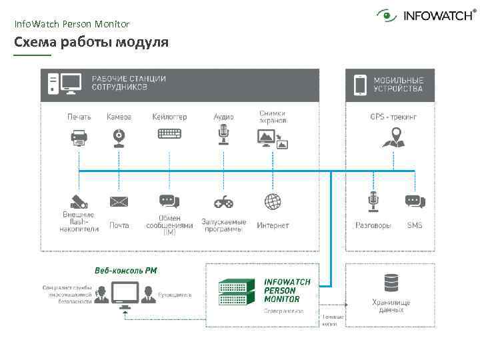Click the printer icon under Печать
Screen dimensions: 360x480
(x=79, y=137)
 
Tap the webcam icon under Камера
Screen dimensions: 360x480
(x=119, y=137)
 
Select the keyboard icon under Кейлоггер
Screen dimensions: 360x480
(x=169, y=133)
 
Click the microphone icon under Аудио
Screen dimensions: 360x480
(x=224, y=134)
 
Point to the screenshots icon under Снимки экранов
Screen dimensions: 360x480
(x=272, y=139)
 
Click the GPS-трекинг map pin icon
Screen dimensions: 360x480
(x=393, y=137)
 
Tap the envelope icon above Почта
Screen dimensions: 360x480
(x=119, y=201)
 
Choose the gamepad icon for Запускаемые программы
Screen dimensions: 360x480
(x=223, y=201)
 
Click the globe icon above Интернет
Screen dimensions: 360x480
(x=272, y=201)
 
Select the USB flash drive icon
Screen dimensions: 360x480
(x=79, y=201)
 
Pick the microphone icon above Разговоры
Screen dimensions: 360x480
(x=373, y=201)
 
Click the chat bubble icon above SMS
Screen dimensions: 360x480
(x=415, y=201)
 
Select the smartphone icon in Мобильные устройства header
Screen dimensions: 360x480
(x=360, y=85)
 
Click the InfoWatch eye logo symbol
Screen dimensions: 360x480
(x=387, y=15)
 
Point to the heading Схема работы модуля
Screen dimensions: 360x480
(x=91, y=43)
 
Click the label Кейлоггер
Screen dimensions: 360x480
(x=169, y=117)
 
